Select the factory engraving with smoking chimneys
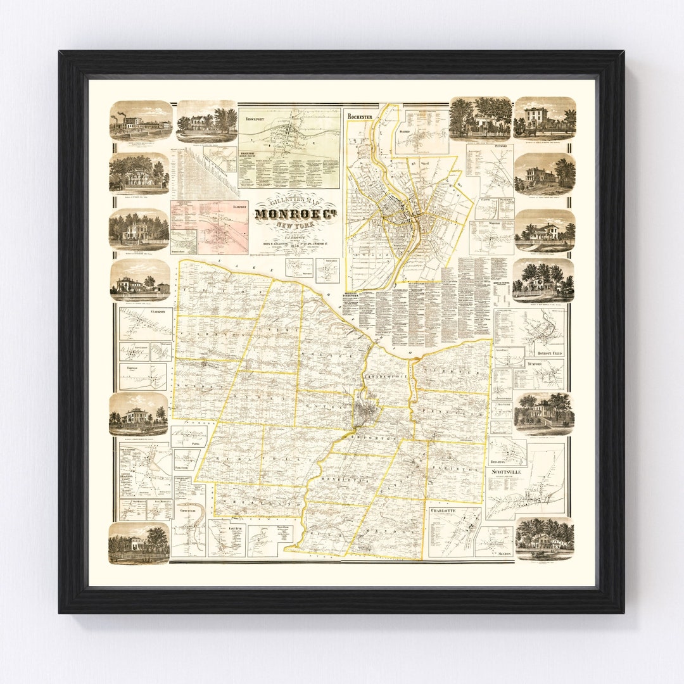click(x=141, y=120)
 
